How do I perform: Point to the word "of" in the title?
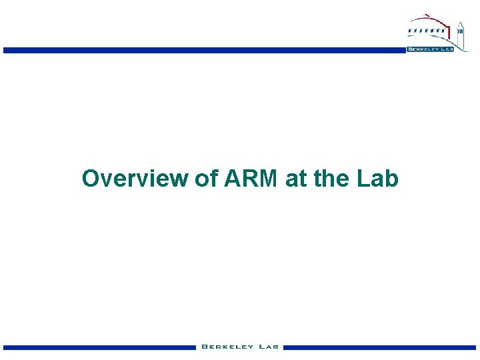point(205,179)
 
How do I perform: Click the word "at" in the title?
point(295,179)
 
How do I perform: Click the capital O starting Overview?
point(90,179)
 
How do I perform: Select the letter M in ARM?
point(269,179)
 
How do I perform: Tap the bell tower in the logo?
point(460,33)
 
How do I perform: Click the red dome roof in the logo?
point(427,19)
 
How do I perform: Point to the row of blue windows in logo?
point(427,30)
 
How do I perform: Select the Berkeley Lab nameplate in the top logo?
point(429,49)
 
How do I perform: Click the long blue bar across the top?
point(200,50)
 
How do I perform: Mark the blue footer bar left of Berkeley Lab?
point(100,347)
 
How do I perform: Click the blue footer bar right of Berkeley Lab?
point(380,347)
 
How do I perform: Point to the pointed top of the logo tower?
point(460,23)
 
